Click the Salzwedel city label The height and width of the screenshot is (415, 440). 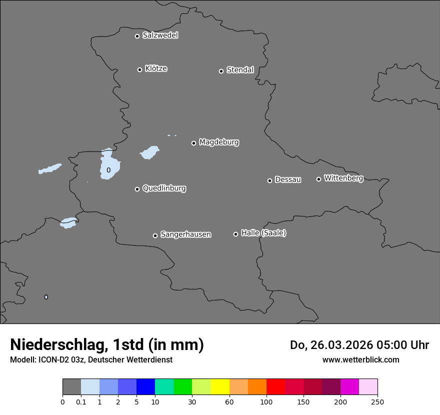point(160,35)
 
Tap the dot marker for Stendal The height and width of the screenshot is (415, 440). point(221,71)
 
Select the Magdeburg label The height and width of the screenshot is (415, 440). point(219,142)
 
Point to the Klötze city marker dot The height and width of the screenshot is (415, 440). point(139,69)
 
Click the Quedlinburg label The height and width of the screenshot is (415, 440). point(164,188)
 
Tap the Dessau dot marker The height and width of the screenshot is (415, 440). point(269,180)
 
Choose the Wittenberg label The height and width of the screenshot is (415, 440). point(343,178)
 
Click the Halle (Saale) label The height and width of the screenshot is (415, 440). point(263,233)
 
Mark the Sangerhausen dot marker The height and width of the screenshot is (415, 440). point(155,235)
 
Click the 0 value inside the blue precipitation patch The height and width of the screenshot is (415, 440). point(108,170)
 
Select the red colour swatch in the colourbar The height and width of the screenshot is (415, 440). point(275,387)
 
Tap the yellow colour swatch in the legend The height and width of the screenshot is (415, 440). point(220,387)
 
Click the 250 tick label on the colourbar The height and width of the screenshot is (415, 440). point(377,401)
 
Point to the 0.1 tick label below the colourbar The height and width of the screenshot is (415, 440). point(81,401)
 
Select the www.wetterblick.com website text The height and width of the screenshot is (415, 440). point(360,359)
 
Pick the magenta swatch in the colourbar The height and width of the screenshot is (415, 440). point(349,387)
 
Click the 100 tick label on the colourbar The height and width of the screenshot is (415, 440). point(266,401)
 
